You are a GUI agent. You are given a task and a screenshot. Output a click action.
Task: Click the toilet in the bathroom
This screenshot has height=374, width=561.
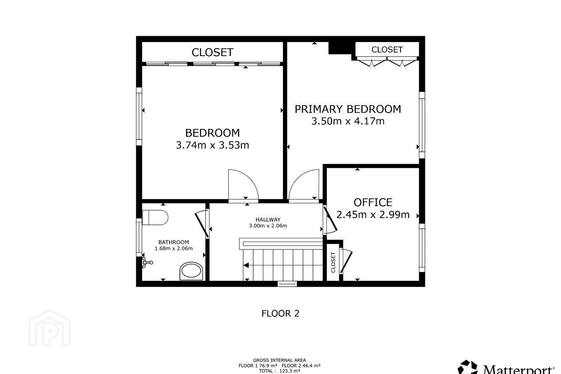pyautogui.click(x=155, y=217)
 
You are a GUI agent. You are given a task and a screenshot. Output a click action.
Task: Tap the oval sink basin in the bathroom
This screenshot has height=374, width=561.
pyautogui.click(x=191, y=271)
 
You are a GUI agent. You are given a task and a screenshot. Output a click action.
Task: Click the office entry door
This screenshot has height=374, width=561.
pyautogui.click(x=330, y=220)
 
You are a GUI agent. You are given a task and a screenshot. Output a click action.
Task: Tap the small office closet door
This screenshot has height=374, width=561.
pyautogui.click(x=346, y=261)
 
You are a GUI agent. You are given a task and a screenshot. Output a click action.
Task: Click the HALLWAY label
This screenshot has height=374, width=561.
pyautogui.click(x=268, y=220)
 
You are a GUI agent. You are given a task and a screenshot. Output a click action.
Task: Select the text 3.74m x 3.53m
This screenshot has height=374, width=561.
pyautogui.click(x=212, y=145)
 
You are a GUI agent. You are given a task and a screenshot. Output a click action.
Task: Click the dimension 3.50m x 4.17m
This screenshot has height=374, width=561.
pyautogui.click(x=348, y=121)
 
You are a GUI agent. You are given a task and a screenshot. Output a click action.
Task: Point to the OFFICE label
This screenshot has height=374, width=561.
pyautogui.click(x=373, y=203)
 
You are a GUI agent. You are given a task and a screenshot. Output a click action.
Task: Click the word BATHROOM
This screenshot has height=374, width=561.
pyautogui.click(x=174, y=242)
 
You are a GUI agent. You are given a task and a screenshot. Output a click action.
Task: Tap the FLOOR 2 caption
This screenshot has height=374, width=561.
pyautogui.click(x=280, y=314)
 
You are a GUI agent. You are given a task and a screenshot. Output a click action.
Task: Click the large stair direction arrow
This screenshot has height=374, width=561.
pyautogui.click(x=246, y=265)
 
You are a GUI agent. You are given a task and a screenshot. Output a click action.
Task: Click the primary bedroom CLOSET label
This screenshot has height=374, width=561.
pyautogui.click(x=387, y=50)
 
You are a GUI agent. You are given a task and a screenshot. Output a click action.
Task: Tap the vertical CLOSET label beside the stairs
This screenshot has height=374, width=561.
pyautogui.click(x=333, y=263)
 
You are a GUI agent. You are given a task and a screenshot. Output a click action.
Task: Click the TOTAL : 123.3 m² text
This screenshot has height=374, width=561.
pyautogui.click(x=279, y=371)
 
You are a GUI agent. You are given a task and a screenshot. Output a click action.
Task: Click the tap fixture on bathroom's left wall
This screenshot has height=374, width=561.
pyautogui.click(x=148, y=263)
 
